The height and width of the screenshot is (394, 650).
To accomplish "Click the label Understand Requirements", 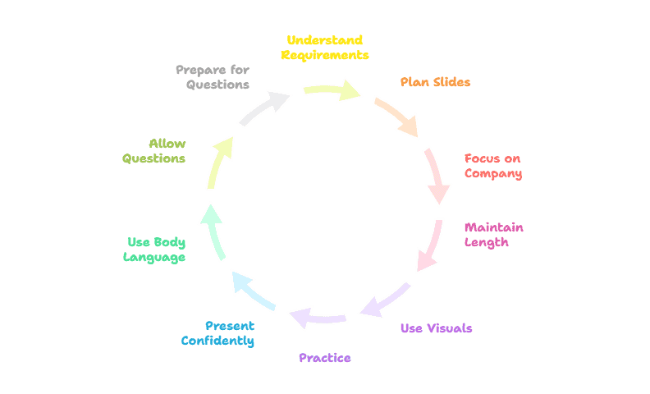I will (325, 48).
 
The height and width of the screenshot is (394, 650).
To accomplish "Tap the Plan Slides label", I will (435, 82).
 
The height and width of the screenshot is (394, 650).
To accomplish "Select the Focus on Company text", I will (492, 166).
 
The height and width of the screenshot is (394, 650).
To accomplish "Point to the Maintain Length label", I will (493, 235).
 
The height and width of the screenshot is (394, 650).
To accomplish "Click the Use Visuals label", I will (436, 328).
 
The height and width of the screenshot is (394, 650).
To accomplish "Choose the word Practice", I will (325, 358).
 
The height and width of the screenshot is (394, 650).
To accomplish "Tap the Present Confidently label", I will (217, 332).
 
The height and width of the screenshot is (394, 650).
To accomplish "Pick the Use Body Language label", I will (154, 250).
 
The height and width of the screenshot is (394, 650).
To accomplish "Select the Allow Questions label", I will (154, 151).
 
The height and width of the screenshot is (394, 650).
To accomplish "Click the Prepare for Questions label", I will (213, 77).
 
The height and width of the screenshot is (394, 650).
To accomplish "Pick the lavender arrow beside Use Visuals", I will (385, 300).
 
